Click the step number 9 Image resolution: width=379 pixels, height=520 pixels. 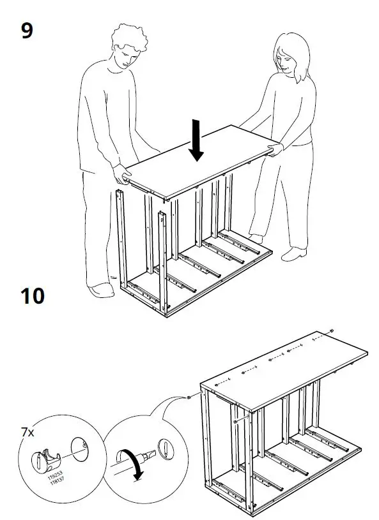(x=26, y=30)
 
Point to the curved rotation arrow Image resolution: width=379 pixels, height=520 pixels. (x=136, y=466)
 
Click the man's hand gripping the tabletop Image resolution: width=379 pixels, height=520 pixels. (x=120, y=172)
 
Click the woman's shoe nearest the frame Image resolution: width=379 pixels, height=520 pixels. (x=294, y=255)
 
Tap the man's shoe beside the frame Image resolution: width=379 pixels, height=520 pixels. (x=101, y=290)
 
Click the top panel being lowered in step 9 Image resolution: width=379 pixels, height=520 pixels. (x=198, y=163)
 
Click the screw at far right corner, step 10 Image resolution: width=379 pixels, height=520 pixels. (x=332, y=331)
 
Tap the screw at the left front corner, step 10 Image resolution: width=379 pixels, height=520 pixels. (x=190, y=396)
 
